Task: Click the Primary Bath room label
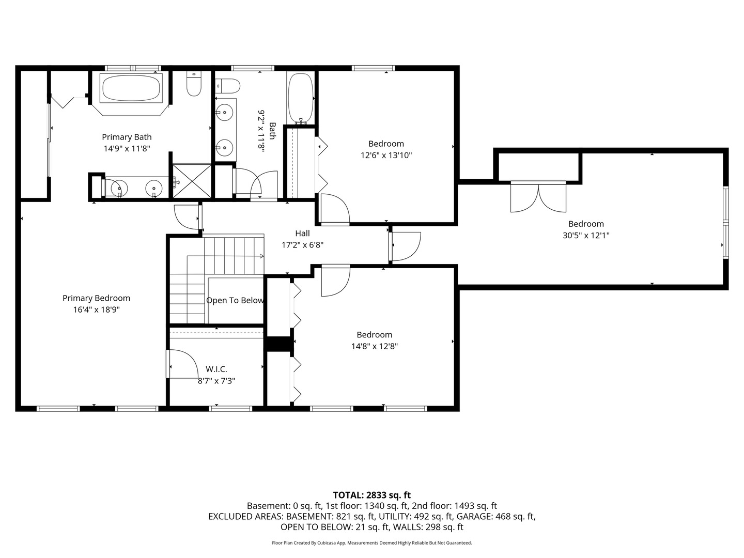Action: click(127, 137)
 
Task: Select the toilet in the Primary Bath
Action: click(194, 83)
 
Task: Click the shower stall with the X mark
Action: click(192, 181)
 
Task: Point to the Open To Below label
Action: click(235, 300)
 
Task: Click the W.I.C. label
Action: click(216, 369)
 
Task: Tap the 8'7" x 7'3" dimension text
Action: click(216, 381)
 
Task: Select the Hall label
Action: click(302, 233)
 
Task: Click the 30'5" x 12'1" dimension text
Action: click(586, 235)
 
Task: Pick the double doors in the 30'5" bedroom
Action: click(538, 197)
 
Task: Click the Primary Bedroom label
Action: click(96, 298)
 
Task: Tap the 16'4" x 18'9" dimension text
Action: click(97, 309)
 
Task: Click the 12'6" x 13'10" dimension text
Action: click(386, 155)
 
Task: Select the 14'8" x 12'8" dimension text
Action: click(375, 346)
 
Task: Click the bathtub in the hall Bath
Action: click(300, 98)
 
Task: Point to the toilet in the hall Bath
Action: click(228, 86)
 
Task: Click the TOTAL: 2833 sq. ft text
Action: click(372, 495)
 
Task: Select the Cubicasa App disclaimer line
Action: click(372, 542)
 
